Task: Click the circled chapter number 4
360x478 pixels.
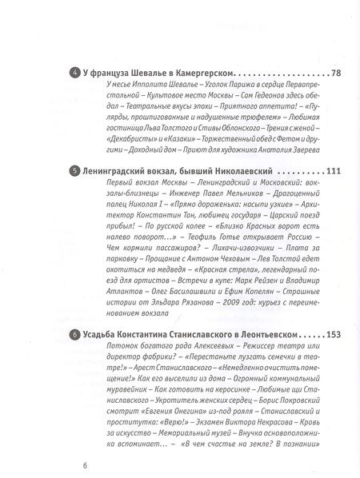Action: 74,74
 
